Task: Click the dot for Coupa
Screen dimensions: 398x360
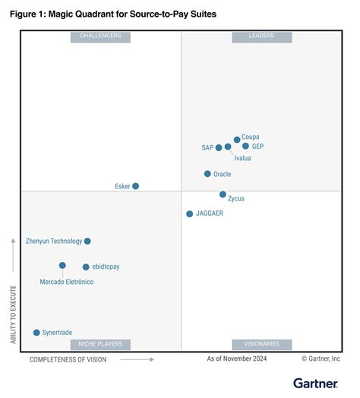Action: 237,140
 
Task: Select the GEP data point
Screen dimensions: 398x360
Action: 245,146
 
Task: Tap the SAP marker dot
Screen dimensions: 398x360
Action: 219,147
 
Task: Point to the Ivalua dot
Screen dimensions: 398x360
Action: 228,147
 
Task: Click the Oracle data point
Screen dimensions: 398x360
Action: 207,174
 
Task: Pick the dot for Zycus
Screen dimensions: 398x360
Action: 223,194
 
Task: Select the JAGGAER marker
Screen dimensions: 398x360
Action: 190,214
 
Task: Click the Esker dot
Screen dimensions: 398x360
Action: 136,186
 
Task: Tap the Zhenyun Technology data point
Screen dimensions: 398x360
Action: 87,241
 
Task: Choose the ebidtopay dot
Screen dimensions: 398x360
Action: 86,267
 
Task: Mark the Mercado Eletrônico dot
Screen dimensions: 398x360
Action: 62,266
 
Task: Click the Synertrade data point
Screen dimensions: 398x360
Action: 36,333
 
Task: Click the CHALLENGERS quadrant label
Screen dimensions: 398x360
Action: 100,36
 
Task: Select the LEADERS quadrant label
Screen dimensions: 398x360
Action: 261,36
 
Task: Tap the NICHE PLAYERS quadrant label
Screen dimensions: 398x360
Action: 100,344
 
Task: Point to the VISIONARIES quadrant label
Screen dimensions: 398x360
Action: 261,344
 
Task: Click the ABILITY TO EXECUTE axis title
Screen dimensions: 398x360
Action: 13,314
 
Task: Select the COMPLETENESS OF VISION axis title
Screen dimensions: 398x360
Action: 68,359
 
